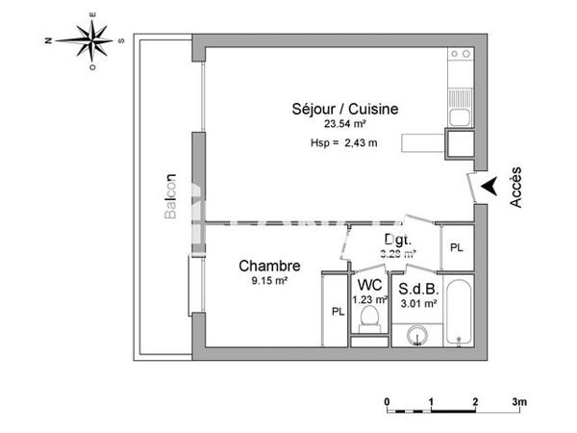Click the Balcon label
(170, 196)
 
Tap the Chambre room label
(270, 267)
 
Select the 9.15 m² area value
(270, 281)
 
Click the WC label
(370, 286)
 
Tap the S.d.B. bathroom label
(418, 288)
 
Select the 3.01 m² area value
(418, 302)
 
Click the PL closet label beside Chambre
(337, 312)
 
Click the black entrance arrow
(489, 185)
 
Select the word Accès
(515, 186)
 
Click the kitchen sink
(459, 118)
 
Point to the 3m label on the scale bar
(520, 400)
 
